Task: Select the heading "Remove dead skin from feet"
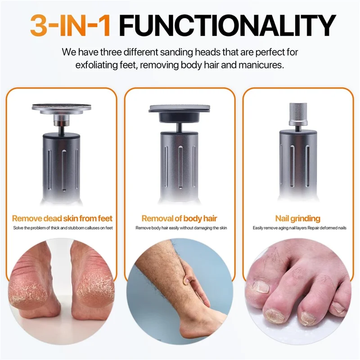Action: click(x=62, y=219)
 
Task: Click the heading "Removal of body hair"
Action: click(x=180, y=219)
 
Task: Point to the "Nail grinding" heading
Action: click(x=297, y=219)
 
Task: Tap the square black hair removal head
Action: click(x=180, y=111)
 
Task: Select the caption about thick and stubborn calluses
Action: click(x=62, y=228)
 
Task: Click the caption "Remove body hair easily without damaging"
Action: click(x=180, y=228)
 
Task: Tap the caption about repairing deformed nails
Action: click(x=297, y=228)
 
